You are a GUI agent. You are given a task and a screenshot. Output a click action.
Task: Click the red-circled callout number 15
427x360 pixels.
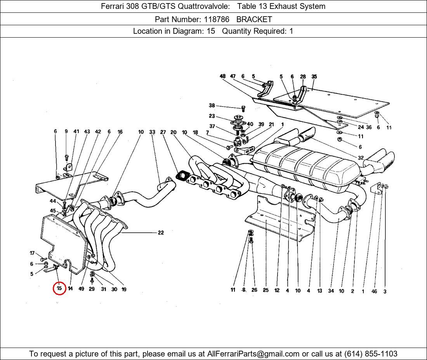click(59, 289)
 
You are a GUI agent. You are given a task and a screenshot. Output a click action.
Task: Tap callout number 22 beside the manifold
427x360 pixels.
click(161, 233)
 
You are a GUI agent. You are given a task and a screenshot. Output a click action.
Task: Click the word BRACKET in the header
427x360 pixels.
click(254, 19)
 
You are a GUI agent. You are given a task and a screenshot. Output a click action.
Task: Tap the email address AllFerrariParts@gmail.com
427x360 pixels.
click(253, 354)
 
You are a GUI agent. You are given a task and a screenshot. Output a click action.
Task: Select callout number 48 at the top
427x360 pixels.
click(222, 76)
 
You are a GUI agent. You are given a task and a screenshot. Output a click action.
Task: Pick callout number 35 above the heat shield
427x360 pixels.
click(314, 76)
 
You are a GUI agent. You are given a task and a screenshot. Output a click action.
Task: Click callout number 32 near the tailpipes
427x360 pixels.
click(361, 158)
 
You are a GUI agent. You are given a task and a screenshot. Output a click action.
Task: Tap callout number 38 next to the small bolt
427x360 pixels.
click(212, 106)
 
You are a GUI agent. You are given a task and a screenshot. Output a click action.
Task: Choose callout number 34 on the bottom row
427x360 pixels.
click(331, 291)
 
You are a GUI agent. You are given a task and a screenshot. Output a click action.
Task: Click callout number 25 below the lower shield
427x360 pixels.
click(266, 290)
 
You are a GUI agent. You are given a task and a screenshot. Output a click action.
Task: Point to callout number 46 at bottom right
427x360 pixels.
click(374, 291)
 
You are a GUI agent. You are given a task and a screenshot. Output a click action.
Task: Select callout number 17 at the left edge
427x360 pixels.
click(32, 253)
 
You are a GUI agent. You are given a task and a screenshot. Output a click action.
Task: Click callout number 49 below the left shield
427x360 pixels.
click(81, 289)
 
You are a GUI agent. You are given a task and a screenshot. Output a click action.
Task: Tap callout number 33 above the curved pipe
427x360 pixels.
click(152, 132)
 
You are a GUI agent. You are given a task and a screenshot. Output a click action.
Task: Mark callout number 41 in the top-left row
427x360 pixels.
click(76, 132)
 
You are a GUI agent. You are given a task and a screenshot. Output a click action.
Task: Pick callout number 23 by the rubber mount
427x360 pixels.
click(212, 116)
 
